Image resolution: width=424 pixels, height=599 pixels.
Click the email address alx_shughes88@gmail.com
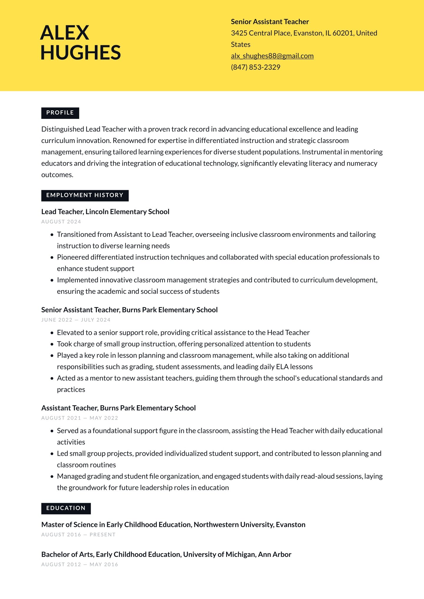pos(272,56)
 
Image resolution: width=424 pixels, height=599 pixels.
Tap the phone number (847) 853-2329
pos(255,67)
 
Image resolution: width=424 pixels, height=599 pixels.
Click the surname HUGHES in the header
pos(80,53)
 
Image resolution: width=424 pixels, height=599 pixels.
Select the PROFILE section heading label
pos(60,113)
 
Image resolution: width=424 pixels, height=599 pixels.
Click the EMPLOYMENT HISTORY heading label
pos(85,195)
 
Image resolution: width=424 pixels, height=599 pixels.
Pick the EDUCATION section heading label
pos(66,508)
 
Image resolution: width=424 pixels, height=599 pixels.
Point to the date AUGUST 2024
pos(61,222)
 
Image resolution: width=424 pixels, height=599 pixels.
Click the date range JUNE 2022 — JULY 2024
pos(76,320)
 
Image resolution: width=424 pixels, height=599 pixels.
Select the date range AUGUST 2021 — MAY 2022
pos(80,418)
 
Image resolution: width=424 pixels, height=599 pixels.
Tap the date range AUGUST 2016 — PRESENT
pos(78,535)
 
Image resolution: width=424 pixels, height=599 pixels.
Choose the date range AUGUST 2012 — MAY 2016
pos(80,564)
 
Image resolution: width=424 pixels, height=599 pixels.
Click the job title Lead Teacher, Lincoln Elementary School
pos(105,212)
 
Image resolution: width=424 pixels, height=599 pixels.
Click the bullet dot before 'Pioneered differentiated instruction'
pos(52,257)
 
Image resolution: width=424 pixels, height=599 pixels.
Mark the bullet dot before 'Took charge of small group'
pos(52,344)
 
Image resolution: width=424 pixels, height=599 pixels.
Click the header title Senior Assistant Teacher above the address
pos(270,22)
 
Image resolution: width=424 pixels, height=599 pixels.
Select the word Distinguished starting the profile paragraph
pos(63,129)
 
